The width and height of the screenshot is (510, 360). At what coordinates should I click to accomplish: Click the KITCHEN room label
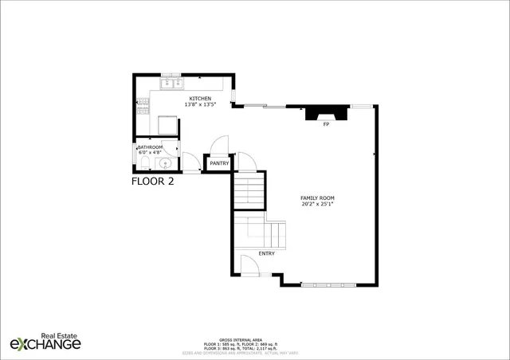pyautogui.click(x=200, y=98)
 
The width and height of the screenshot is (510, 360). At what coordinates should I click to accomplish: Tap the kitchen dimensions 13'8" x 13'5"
pyautogui.click(x=200, y=104)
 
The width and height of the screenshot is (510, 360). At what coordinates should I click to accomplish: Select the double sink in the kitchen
pyautogui.click(x=171, y=82)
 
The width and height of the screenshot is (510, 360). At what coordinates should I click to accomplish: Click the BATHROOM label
pyautogui.click(x=150, y=147)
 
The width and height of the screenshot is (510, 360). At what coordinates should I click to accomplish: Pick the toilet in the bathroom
pyautogui.click(x=142, y=163)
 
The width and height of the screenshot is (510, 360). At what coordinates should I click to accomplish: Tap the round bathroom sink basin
pyautogui.click(x=166, y=164)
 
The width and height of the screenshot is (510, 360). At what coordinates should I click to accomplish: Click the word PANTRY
pyautogui.click(x=219, y=164)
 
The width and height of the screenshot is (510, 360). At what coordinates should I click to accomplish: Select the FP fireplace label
pyautogui.click(x=326, y=125)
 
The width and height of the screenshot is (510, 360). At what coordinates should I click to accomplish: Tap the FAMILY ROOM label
pyautogui.click(x=316, y=198)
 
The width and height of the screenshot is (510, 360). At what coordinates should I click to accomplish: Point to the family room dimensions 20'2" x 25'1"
pyautogui.click(x=316, y=204)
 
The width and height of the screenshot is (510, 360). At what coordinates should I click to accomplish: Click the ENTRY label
pyautogui.click(x=266, y=254)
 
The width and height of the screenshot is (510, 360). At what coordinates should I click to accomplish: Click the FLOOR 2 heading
pyautogui.click(x=152, y=181)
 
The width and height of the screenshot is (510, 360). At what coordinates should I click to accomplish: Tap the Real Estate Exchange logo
pyautogui.click(x=45, y=342)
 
